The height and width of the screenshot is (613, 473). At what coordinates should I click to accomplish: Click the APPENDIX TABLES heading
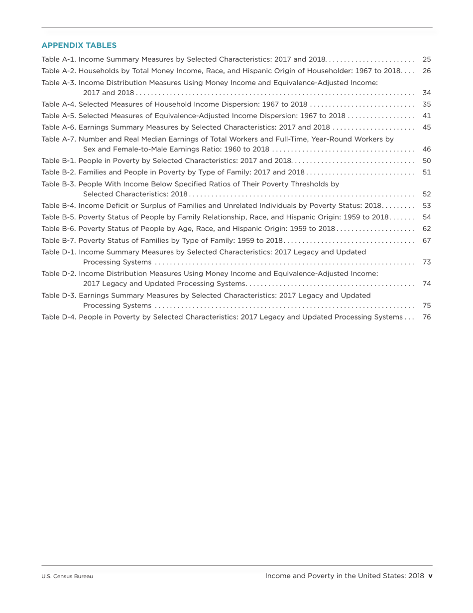point(79,45)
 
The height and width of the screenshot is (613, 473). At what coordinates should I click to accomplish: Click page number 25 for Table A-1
point(426,59)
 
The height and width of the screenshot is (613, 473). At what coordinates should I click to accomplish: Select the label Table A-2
point(59,71)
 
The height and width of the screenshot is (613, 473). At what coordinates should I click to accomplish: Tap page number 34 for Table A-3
point(426,93)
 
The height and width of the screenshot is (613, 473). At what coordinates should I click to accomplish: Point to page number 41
point(426,116)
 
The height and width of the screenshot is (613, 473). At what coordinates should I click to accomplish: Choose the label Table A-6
point(59,127)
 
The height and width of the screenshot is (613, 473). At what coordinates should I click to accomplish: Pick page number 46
point(426,149)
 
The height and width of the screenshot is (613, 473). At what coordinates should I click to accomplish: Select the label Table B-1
point(59,160)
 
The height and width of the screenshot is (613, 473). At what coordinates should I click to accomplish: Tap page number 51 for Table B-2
point(426,172)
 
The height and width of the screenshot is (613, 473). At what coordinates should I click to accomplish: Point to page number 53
point(426,205)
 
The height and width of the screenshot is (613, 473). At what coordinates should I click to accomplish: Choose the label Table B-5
point(59,217)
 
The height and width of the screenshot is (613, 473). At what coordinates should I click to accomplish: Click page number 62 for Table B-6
point(426,229)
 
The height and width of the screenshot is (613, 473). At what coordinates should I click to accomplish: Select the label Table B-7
point(59,240)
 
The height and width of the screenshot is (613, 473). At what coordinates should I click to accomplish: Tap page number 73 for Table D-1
point(426,262)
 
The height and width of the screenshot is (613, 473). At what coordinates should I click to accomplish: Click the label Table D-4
point(59,317)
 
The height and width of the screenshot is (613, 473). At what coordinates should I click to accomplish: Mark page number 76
point(426,317)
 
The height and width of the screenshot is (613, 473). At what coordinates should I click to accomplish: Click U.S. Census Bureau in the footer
point(67,577)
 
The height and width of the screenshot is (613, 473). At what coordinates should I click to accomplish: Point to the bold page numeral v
point(431,576)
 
